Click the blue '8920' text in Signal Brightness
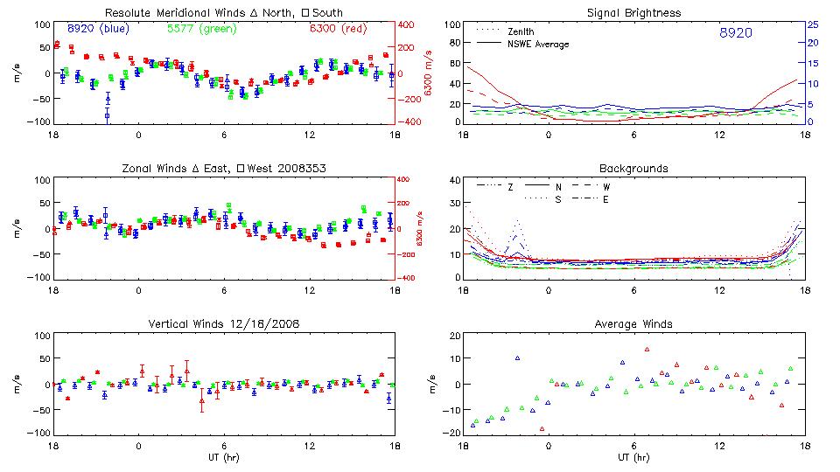[x=735, y=32]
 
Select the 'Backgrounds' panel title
[x=634, y=168]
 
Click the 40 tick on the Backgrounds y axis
[x=453, y=181]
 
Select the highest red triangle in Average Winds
[x=647, y=350]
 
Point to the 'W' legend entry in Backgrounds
[x=605, y=187]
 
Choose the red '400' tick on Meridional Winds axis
[x=408, y=24]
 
